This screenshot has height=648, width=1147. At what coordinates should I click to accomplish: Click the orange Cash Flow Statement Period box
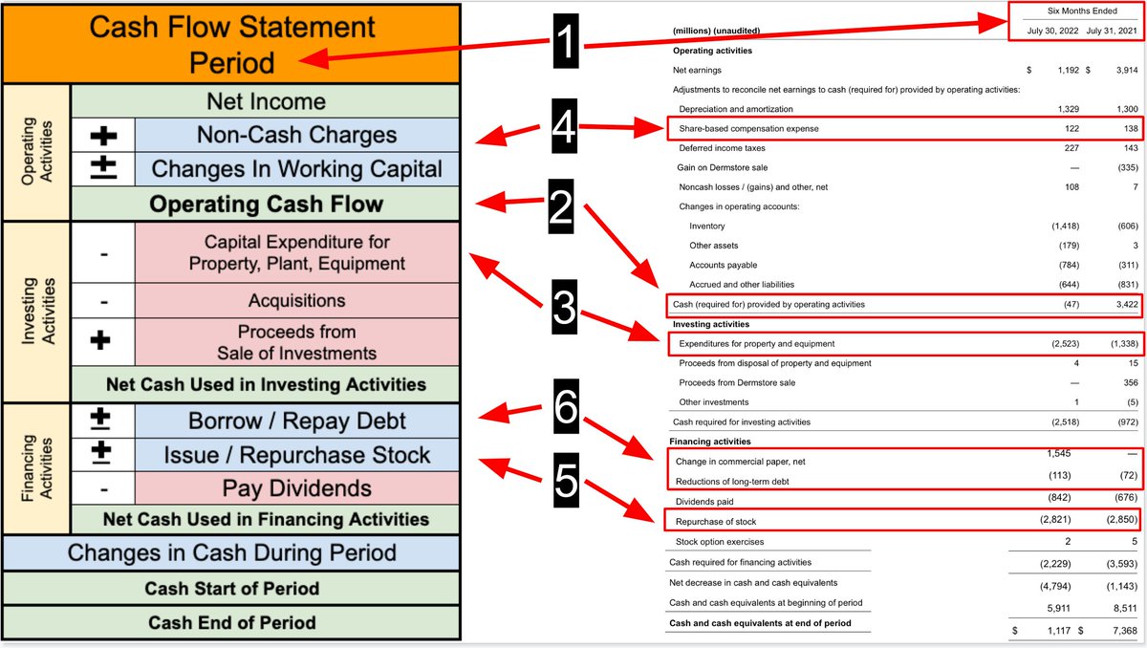(231, 44)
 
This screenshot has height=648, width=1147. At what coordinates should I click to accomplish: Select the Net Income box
(266, 101)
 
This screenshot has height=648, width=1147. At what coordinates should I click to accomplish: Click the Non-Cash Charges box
(296, 135)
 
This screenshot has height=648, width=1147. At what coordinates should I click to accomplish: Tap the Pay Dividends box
(296, 488)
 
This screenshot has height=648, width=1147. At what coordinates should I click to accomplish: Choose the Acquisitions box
(296, 300)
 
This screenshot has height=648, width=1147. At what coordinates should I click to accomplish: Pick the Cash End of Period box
(232, 622)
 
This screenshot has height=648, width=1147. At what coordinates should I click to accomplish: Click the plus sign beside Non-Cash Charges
(103, 135)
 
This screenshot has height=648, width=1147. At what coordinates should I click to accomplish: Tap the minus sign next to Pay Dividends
(103, 489)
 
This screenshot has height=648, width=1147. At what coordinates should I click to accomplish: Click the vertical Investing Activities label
(35, 312)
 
